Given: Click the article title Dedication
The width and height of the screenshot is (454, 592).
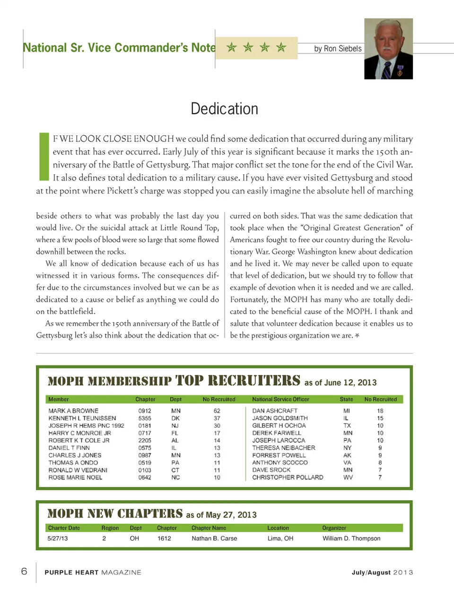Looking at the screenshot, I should pyautogui.click(x=224, y=109).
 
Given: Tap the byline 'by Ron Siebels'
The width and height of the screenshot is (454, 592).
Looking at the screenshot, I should pyautogui.click(x=338, y=48).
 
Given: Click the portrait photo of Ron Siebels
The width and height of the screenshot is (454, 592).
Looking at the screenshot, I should pyautogui.click(x=388, y=49).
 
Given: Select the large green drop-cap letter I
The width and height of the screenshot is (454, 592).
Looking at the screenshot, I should pyautogui.click(x=44, y=156).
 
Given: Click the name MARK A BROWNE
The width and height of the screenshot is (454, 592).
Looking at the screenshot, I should pyautogui.click(x=73, y=411).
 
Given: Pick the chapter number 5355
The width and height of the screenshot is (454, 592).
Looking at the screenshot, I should pyautogui.click(x=145, y=418).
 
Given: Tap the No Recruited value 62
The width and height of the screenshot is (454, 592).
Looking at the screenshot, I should pyautogui.click(x=217, y=411).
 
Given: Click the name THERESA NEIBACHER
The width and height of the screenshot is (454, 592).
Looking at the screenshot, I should pyautogui.click(x=283, y=448).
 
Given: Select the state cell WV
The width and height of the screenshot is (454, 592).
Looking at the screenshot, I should pyautogui.click(x=348, y=477).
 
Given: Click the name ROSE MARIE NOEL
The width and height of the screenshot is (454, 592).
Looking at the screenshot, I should pyautogui.click(x=75, y=477).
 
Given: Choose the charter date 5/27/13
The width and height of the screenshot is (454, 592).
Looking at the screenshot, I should pyautogui.click(x=57, y=539).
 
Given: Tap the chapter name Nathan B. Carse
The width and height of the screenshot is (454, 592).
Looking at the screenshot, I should pyautogui.click(x=214, y=539).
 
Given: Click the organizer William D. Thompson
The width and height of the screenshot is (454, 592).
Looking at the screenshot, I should pyautogui.click(x=351, y=539).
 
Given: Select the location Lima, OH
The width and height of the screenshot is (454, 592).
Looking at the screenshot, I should pyautogui.click(x=280, y=539).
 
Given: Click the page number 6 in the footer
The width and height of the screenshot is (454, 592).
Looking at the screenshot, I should pyautogui.click(x=24, y=571).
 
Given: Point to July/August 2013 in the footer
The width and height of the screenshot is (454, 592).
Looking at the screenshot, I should pyautogui.click(x=382, y=572).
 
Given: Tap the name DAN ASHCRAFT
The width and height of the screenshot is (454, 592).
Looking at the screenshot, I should pyautogui.click(x=275, y=411).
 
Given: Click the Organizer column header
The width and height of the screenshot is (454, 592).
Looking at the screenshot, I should pyautogui.click(x=334, y=528).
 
